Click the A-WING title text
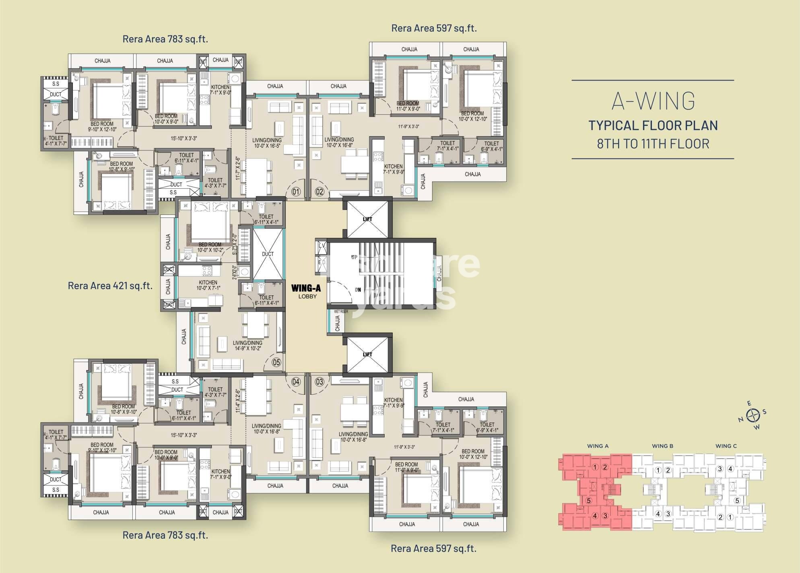tap(653, 101)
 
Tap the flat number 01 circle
tap(296, 192)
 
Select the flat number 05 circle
tap(276, 363)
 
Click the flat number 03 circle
tap(320, 381)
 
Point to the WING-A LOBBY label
tap(307, 292)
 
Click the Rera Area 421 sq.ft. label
tap(110, 286)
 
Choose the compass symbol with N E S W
tap(753, 414)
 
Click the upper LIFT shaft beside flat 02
tap(367, 220)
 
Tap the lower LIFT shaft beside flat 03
tap(367, 355)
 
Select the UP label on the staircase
tap(354, 257)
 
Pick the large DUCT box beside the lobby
tap(268, 254)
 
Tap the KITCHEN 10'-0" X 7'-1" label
tap(208, 285)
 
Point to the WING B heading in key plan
tap(662, 446)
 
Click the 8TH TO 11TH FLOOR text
tap(653, 144)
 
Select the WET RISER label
tap(340, 311)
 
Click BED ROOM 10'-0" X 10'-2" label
tap(210, 247)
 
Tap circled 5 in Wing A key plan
tap(589, 501)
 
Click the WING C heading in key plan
tap(726, 446)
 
